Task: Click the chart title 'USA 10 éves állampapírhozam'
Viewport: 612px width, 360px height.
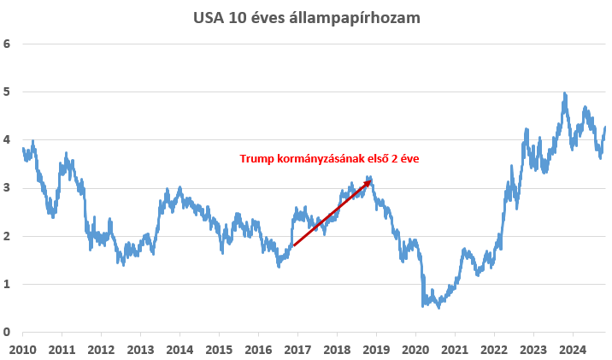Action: point(306,18)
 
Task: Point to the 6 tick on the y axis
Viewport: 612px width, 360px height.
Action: point(6,44)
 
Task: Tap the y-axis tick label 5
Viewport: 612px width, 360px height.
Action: point(6,91)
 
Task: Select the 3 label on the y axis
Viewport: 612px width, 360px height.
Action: point(6,188)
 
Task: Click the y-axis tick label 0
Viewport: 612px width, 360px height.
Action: point(6,332)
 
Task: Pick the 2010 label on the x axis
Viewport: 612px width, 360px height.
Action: point(22,350)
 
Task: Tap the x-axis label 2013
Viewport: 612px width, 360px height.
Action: point(140,350)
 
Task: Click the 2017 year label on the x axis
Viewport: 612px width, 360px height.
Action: point(297,350)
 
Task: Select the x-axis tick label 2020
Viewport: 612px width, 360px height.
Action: point(415,350)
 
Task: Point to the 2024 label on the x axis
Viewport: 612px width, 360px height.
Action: point(573,350)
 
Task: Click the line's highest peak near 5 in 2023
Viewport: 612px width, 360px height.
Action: point(564,94)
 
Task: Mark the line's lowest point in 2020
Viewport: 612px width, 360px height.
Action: point(439,308)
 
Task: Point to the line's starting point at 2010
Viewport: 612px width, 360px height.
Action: point(23,149)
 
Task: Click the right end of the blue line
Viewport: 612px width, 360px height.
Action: point(605,127)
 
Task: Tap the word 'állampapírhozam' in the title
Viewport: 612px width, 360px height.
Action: point(355,18)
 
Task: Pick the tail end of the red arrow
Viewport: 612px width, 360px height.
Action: point(294,245)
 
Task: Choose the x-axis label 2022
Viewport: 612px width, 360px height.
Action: point(494,350)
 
